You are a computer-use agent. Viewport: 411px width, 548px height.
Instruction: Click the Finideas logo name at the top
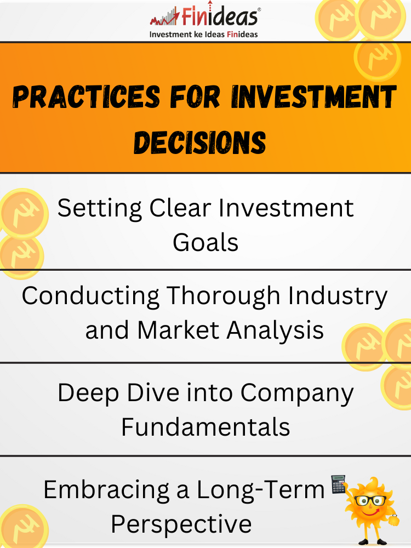(220, 15)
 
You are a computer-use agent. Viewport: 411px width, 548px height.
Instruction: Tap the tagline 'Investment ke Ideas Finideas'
(203, 34)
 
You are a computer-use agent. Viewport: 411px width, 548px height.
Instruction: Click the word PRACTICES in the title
(87, 96)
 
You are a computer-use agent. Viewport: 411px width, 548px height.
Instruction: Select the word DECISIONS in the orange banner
(200, 142)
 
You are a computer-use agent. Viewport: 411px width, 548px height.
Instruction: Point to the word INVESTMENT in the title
(313, 96)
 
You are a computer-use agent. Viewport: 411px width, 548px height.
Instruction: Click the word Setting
(100, 209)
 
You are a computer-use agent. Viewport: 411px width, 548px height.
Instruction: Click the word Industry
(338, 296)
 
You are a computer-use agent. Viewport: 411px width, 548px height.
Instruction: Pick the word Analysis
(275, 330)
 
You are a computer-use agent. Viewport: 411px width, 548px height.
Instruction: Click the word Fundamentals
(206, 427)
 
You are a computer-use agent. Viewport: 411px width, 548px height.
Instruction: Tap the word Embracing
(107, 490)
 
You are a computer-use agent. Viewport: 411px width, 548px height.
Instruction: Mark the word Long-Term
(261, 489)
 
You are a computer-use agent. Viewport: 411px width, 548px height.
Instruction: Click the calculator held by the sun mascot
(338, 484)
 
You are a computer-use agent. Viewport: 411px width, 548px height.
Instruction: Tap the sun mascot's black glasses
(370, 500)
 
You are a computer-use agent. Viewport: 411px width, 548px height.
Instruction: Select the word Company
(297, 393)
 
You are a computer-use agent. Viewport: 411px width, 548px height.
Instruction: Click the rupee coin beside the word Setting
(24, 213)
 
